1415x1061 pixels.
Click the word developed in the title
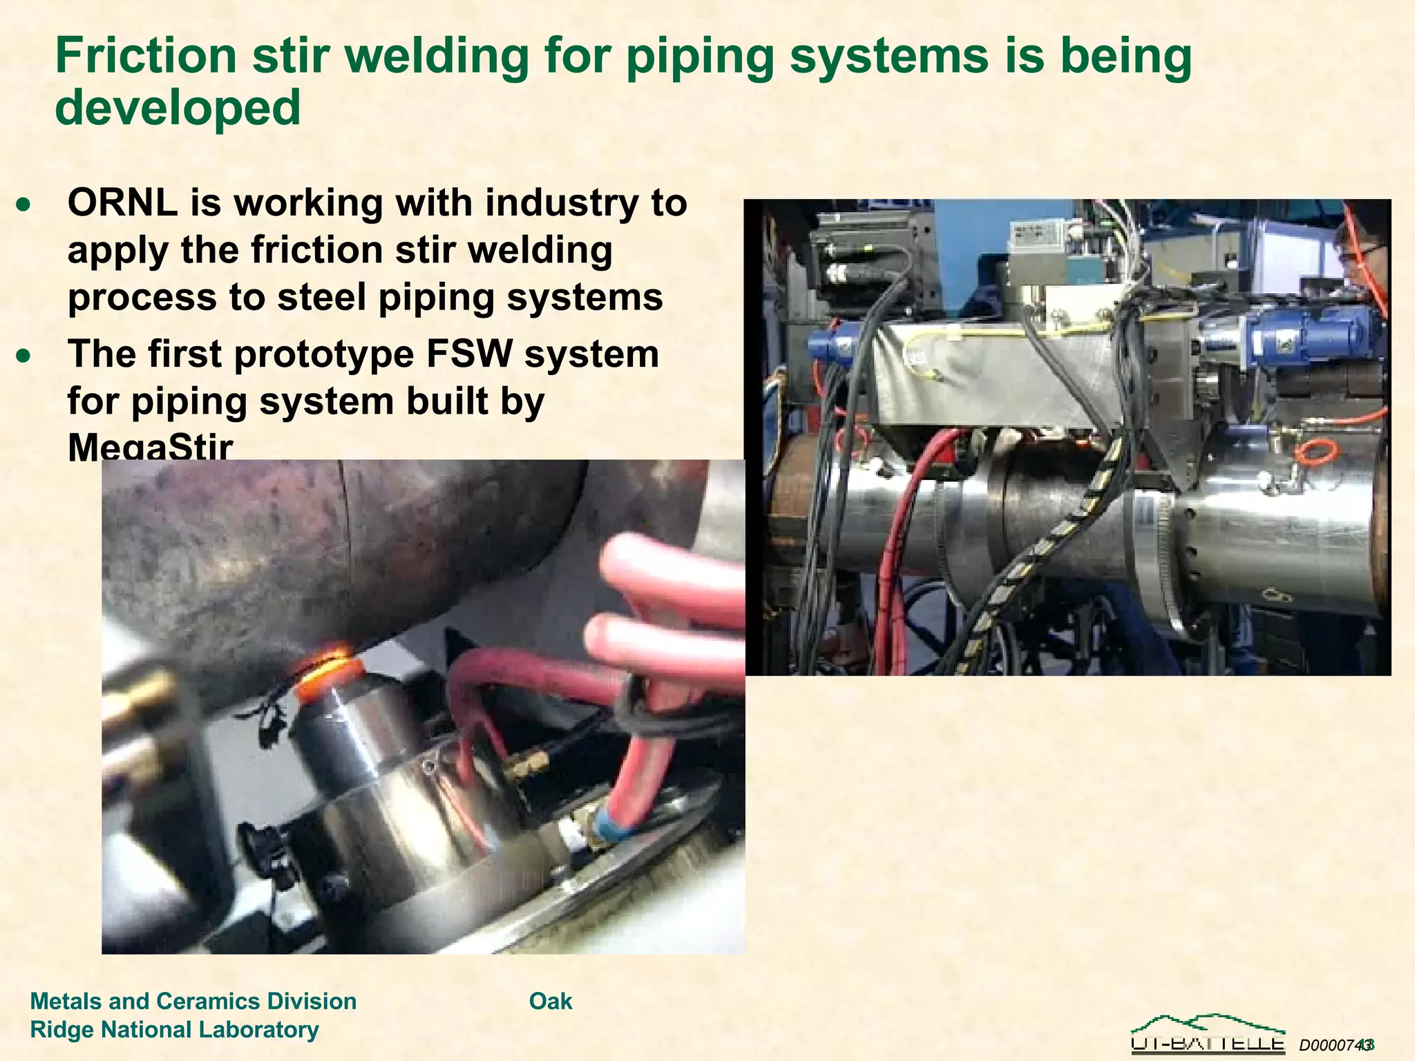[178, 108]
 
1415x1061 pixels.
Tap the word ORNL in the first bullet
[122, 203]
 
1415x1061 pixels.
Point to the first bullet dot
[24, 204]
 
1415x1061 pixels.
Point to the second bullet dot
[24, 356]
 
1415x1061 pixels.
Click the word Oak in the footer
[551, 1001]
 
